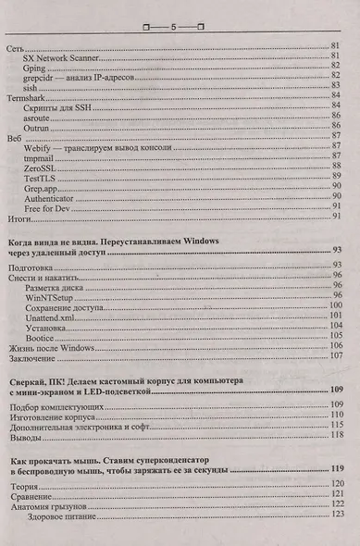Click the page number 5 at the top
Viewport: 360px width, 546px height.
coord(173,29)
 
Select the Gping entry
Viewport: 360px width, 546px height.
coord(36,67)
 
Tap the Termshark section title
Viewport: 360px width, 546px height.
coord(27,95)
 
